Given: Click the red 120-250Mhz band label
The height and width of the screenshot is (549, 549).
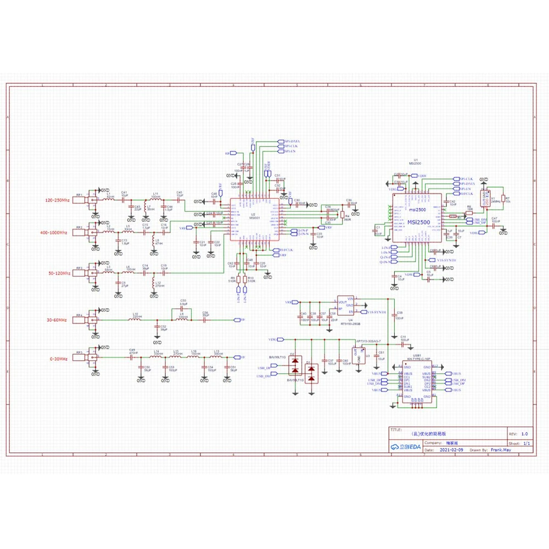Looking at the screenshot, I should pos(57,201).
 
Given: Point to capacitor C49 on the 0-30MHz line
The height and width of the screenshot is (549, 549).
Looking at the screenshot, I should pos(132,355).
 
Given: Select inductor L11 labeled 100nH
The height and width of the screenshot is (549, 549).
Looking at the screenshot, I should pos(155,198).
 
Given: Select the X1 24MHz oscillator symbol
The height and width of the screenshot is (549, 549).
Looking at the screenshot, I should pos(485,199).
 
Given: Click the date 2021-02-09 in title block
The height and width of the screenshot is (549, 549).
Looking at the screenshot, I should pos(451,449).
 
